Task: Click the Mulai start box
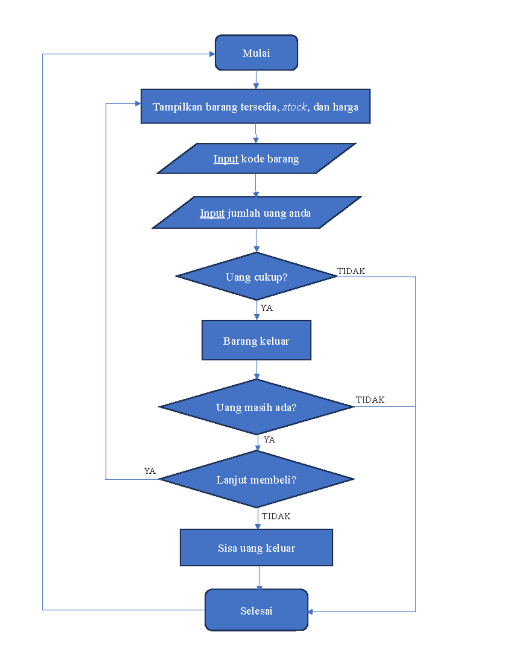click(x=256, y=53)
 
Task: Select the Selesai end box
click(x=256, y=610)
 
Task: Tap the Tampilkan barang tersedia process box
click(x=255, y=106)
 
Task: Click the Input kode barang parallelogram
click(x=256, y=159)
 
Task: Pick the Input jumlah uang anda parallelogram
click(x=256, y=213)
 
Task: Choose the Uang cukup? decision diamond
click(x=256, y=277)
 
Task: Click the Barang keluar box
click(x=256, y=340)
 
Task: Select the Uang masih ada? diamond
click(x=256, y=407)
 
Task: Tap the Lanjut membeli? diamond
click(x=256, y=479)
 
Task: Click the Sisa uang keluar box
click(x=256, y=548)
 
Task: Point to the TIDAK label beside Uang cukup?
click(x=351, y=271)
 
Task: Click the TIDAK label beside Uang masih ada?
click(x=370, y=400)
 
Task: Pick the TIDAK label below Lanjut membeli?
click(x=276, y=516)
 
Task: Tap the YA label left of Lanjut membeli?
click(x=150, y=471)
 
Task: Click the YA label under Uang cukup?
click(x=266, y=308)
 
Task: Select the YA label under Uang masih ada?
click(x=269, y=440)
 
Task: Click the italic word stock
click(x=295, y=107)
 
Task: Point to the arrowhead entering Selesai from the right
click(x=310, y=612)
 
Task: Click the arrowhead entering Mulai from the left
click(x=212, y=54)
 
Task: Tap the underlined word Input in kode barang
click(x=226, y=159)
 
